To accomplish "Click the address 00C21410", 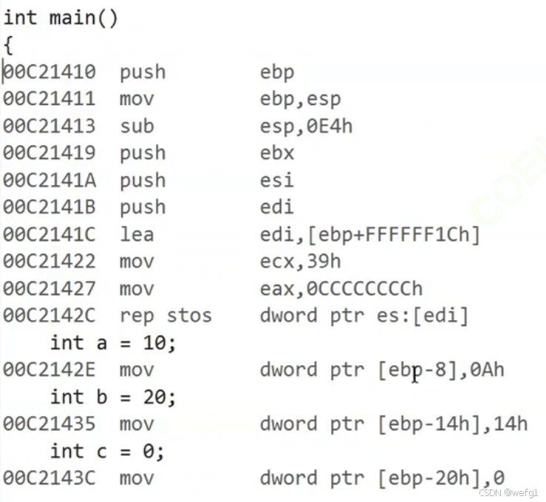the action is pyautogui.click(x=49, y=72).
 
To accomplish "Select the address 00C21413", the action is pyautogui.click(x=49, y=126).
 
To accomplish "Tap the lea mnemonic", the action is pyautogui.click(x=137, y=234).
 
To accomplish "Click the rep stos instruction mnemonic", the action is pyautogui.click(x=166, y=316).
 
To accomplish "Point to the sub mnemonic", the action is pyautogui.click(x=137, y=126).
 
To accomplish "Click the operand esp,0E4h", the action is pyautogui.click(x=306, y=126).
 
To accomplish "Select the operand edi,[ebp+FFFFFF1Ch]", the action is pyautogui.click(x=370, y=234).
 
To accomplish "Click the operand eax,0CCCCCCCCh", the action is pyautogui.click(x=341, y=288).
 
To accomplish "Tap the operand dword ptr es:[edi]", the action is pyautogui.click(x=364, y=316).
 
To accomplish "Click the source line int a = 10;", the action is pyautogui.click(x=112, y=343).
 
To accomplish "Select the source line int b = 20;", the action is pyautogui.click(x=112, y=397).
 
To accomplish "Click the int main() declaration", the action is pyautogui.click(x=61, y=18).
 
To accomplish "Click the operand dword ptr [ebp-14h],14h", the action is pyautogui.click(x=394, y=424).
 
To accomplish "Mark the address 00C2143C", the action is pyautogui.click(x=49, y=478).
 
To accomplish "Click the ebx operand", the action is pyautogui.click(x=277, y=153).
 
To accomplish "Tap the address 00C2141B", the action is pyautogui.click(x=49, y=208).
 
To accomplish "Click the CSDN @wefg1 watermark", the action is pyautogui.click(x=510, y=493).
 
